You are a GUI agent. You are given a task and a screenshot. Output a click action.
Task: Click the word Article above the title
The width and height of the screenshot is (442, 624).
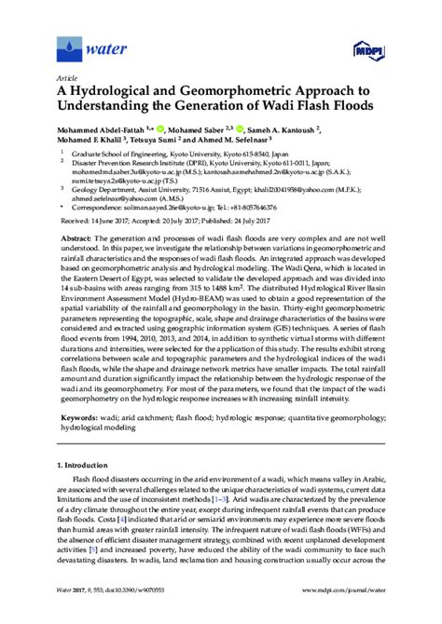tap(66, 79)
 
